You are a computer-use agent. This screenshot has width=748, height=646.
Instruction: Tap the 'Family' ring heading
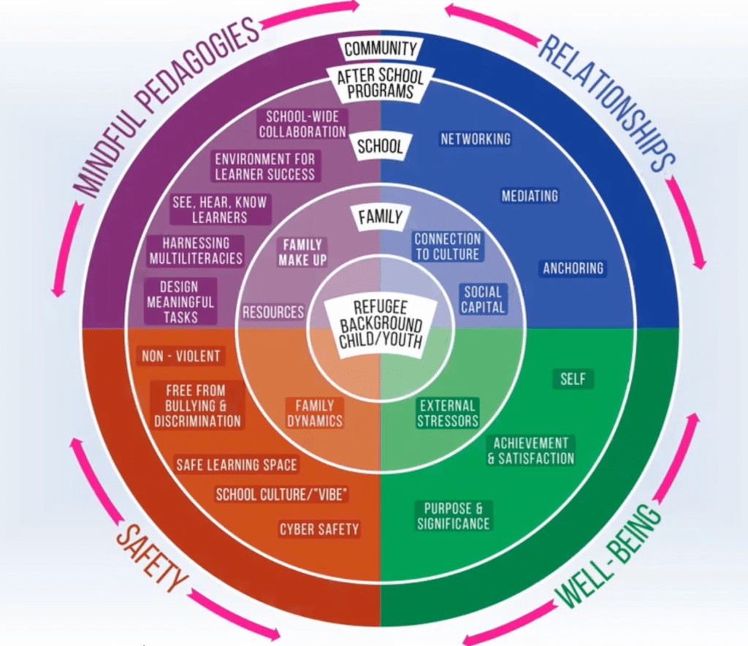[x=380, y=217]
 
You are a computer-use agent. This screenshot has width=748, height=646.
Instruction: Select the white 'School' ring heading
[x=380, y=145]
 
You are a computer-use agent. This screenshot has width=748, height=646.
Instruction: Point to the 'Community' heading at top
[x=381, y=50]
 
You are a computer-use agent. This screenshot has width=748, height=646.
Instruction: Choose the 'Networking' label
[x=475, y=139]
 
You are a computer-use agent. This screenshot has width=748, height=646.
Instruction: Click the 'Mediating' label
[x=530, y=196]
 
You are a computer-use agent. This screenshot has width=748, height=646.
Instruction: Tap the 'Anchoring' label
[x=573, y=268]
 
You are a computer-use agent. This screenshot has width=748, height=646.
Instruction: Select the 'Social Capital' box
[x=483, y=300]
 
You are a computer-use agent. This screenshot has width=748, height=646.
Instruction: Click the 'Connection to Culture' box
[x=448, y=246]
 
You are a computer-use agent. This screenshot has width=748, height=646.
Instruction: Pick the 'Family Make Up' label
[x=302, y=252]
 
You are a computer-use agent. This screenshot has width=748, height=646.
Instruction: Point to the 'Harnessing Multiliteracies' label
[x=196, y=251]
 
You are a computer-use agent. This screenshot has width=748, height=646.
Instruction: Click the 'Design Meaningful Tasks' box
[x=179, y=301]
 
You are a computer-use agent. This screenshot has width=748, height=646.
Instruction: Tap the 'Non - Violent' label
[x=180, y=357]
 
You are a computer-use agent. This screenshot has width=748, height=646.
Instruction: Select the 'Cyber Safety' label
[x=319, y=529]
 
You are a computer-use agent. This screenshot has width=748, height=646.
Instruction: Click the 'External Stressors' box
[x=448, y=413]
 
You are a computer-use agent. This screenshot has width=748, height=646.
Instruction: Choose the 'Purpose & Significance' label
[x=454, y=516]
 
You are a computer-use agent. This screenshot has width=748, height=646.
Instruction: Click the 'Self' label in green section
[x=573, y=379]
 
